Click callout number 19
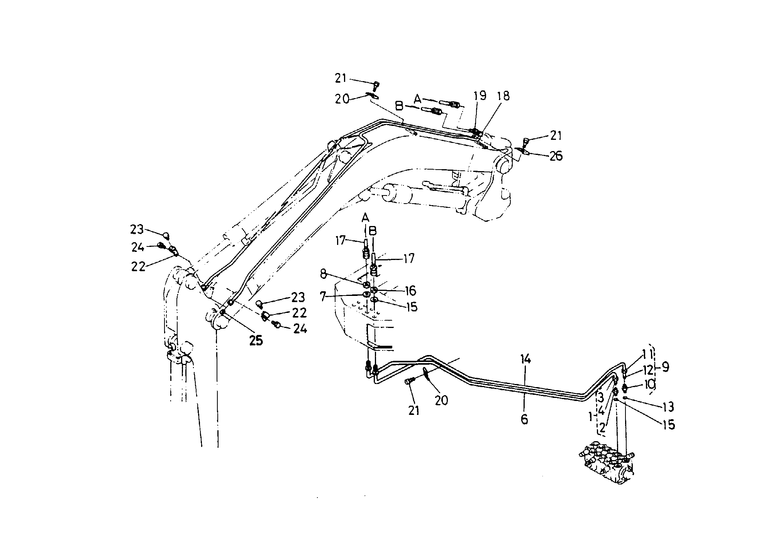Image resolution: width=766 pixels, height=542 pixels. click(480, 96)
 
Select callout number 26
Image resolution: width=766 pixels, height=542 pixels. click(556, 156)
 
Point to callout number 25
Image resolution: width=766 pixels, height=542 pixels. click(256, 340)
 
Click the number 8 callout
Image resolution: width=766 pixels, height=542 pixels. click(323, 274)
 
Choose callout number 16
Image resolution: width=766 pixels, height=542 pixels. click(410, 291)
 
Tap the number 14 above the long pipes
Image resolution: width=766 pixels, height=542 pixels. click(525, 360)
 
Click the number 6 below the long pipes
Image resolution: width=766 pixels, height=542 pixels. click(524, 419)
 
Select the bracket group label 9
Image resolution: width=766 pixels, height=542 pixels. click(666, 367)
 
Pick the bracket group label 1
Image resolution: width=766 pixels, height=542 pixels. click(590, 416)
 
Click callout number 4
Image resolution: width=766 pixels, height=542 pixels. click(601, 410)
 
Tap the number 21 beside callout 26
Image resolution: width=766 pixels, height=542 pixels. click(556, 136)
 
